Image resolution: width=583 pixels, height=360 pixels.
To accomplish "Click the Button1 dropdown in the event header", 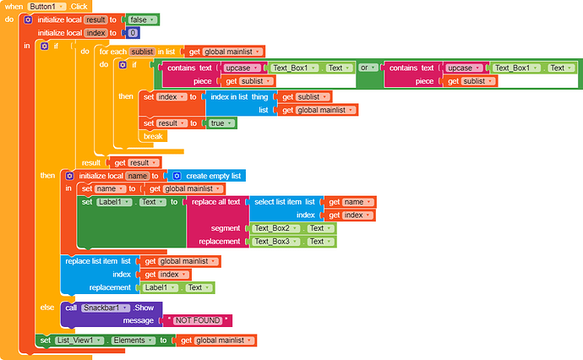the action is [46, 6].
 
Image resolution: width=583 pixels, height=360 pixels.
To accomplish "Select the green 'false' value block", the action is [143, 19].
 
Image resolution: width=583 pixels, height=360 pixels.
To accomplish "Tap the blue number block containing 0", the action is [133, 33].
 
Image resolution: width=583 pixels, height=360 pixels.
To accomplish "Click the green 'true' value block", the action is [221, 123].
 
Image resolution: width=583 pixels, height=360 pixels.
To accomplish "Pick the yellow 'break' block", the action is [153, 136].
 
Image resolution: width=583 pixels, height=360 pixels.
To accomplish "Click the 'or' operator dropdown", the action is [368, 68].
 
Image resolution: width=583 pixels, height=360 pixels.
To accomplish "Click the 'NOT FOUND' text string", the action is [198, 320].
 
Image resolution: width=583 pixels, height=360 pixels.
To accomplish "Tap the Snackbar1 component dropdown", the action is [106, 308].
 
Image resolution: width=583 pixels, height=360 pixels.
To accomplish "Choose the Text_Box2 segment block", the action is [293, 228].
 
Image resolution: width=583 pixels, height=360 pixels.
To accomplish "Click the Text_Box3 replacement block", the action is [293, 242].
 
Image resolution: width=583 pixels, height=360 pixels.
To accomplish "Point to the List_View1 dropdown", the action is [79, 341].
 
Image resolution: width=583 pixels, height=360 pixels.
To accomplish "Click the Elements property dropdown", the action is [133, 341].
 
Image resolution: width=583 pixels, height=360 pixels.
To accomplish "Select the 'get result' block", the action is [135, 162].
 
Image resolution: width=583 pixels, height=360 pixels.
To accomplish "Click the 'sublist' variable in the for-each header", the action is [142, 52].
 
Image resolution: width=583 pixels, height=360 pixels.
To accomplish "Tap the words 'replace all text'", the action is [215, 202].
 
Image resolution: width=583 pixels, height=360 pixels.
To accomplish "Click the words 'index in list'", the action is [229, 96].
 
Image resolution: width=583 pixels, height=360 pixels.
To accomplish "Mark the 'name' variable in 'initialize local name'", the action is [137, 176].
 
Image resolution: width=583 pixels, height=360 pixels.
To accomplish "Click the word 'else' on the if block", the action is [47, 308].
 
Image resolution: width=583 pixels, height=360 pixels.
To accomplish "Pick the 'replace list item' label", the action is [91, 261].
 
